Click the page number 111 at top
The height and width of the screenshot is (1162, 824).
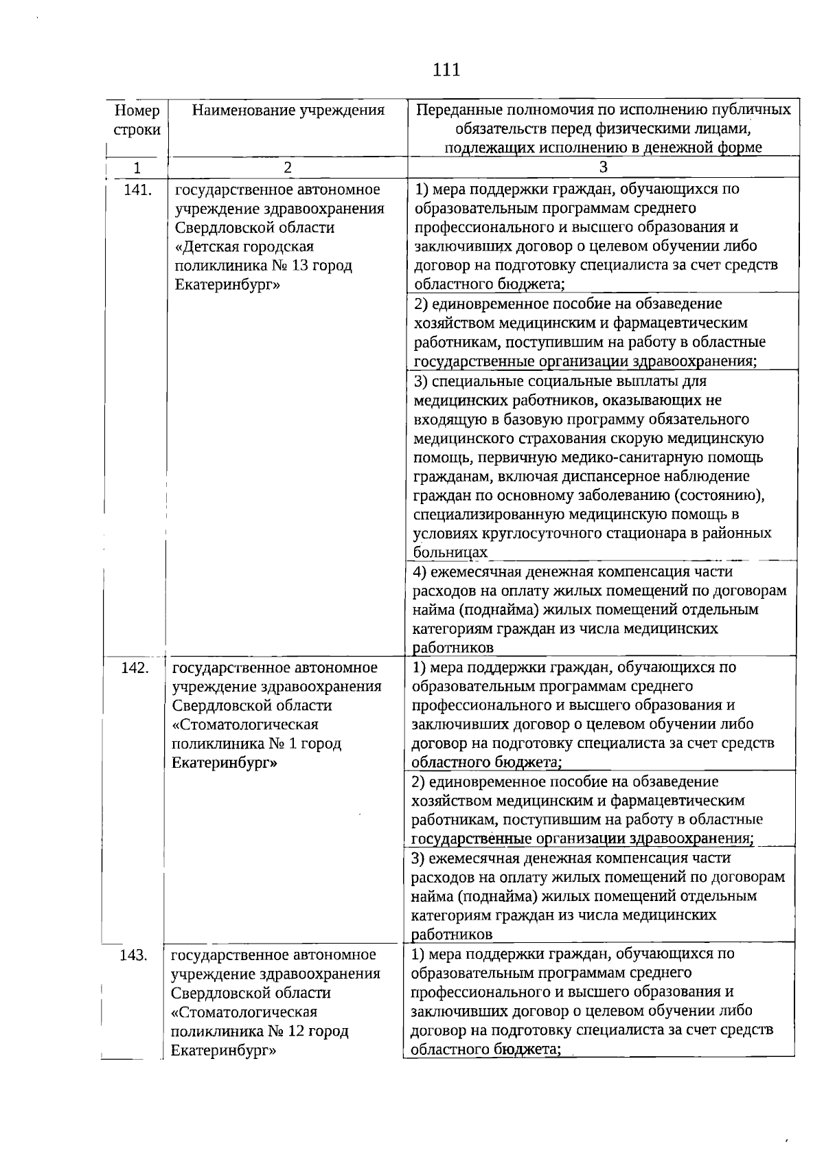point(446,69)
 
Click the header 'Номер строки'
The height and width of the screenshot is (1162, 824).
point(137,120)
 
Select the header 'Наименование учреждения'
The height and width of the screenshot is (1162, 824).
point(288,111)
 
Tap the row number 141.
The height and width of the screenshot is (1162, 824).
point(137,190)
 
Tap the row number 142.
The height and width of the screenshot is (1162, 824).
point(135,668)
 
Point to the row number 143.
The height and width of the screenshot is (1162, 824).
point(133,955)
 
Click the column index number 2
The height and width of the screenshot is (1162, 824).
point(288,168)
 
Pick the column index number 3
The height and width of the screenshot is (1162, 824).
point(603,168)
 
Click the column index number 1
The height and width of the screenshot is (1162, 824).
point(137,168)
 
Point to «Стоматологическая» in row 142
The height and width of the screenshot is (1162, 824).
point(244,725)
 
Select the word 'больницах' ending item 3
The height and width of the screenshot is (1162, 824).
point(450,552)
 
